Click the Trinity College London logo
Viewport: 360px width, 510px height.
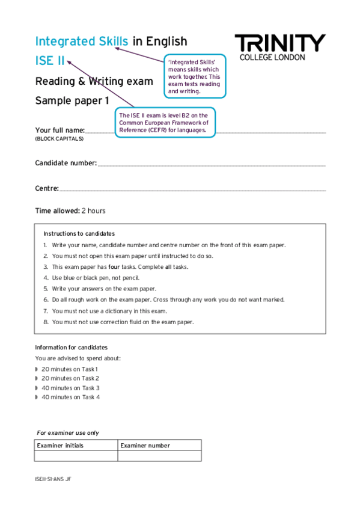click(x=279, y=47)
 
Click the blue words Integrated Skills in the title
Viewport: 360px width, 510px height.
click(x=82, y=41)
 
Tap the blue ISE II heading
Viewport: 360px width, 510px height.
click(x=50, y=61)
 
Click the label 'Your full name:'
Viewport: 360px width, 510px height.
click(x=60, y=130)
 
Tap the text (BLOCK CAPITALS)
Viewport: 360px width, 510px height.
click(x=59, y=139)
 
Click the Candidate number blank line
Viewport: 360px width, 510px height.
click(x=211, y=164)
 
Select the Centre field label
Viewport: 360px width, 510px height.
click(x=47, y=189)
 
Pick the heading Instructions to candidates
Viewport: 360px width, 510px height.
click(x=79, y=233)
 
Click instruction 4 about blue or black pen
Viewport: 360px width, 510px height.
click(x=95, y=278)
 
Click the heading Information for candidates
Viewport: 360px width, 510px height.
click(x=71, y=348)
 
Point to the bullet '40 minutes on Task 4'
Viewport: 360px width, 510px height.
click(x=71, y=398)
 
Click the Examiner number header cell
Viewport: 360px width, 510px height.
click(x=145, y=446)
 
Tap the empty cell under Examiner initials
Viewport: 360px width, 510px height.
click(x=76, y=456)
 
